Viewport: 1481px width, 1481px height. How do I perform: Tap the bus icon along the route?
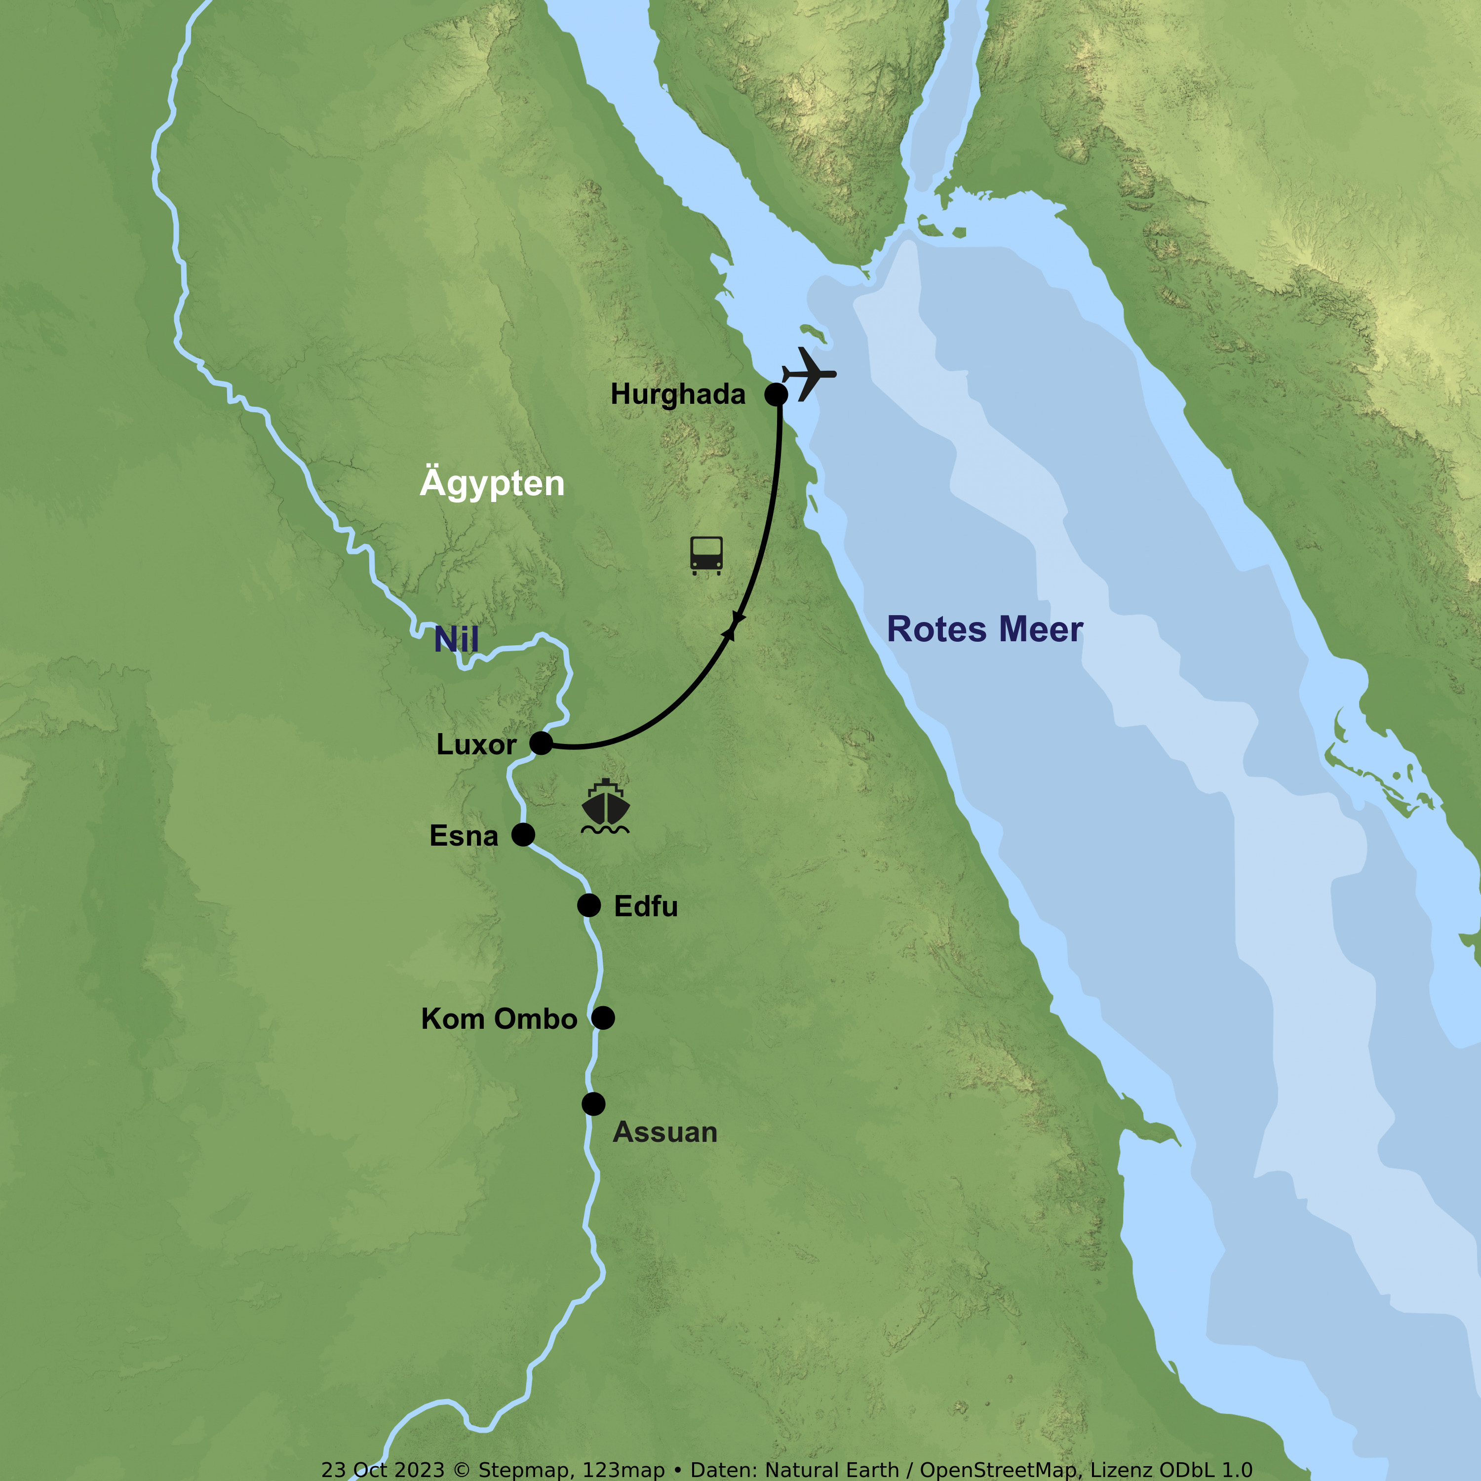click(706, 555)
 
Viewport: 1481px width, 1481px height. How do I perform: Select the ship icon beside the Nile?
click(606, 807)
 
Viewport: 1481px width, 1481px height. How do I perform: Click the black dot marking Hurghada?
click(776, 395)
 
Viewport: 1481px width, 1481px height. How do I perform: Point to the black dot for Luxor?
click(541, 743)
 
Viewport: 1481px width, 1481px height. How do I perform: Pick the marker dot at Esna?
click(523, 834)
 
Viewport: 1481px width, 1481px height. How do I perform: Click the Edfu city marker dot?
click(589, 905)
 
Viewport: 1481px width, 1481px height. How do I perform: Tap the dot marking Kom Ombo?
click(603, 1018)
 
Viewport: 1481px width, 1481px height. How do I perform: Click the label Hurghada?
click(678, 394)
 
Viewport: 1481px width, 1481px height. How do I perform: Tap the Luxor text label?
click(476, 744)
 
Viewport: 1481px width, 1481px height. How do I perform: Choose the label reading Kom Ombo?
click(499, 1019)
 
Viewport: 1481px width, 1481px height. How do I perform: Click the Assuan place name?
click(664, 1132)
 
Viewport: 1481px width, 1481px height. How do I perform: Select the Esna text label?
click(464, 836)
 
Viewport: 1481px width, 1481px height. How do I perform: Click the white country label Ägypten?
click(492, 483)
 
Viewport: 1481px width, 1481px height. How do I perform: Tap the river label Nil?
click(456, 639)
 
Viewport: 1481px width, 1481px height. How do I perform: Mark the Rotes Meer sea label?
click(984, 629)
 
